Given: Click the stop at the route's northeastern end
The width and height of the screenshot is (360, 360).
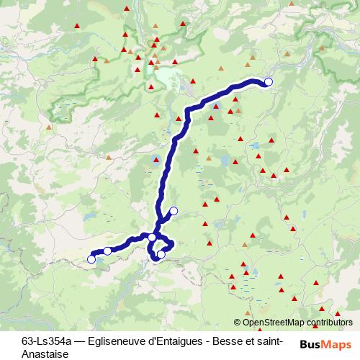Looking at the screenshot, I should tap(269, 82).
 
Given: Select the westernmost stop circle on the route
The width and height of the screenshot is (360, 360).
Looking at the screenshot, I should tap(91, 259).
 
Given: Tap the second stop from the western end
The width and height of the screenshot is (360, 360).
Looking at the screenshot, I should tap(107, 251).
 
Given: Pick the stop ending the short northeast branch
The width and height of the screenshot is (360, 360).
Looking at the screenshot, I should tap(174, 210).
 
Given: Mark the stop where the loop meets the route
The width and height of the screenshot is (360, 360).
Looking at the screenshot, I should tap(153, 237).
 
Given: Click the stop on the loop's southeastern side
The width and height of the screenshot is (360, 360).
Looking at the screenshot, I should tap(161, 254).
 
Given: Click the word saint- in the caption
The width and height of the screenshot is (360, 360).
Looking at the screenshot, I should tap(270, 342).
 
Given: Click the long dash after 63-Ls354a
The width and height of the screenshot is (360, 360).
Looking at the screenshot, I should tap(78, 342).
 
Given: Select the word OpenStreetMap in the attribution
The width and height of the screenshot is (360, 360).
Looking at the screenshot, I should tap(274, 323).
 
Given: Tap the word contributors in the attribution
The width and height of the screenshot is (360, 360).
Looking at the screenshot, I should tap(328, 323).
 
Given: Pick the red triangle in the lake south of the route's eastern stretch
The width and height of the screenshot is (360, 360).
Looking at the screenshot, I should tap(215, 107).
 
